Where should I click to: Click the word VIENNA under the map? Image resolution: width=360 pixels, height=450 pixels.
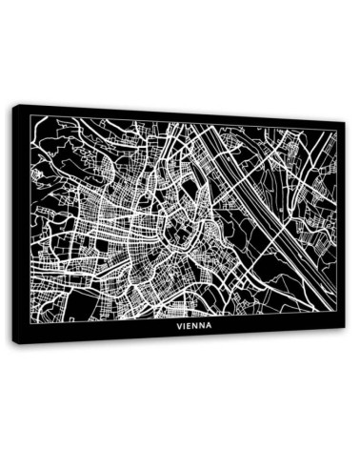pyautogui.click(x=194, y=323)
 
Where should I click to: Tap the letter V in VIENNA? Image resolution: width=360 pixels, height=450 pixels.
pyautogui.click(x=180, y=324)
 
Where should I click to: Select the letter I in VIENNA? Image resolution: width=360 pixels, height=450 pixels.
pyautogui.click(x=186, y=324)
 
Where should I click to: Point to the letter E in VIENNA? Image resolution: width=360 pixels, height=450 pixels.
pyautogui.click(x=190, y=324)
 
